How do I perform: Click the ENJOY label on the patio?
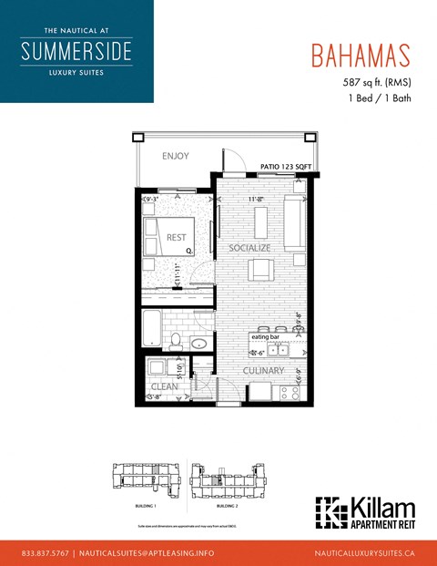click(x=175, y=156)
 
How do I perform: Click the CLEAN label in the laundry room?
click(x=164, y=386)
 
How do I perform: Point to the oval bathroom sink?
click(x=198, y=345)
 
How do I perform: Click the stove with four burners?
click(x=290, y=393)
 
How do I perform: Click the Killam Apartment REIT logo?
click(x=364, y=512)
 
